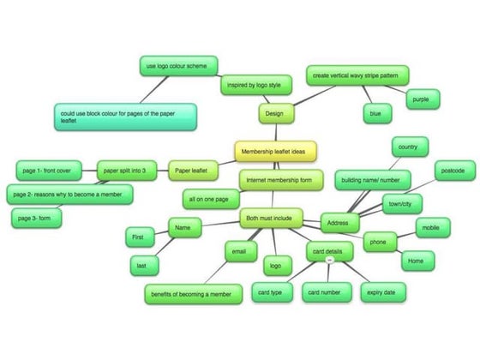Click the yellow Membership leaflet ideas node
275,151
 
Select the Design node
276,113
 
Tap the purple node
423,99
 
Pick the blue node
377,113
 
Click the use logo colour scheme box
179,66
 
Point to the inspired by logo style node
256,85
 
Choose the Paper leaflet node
193,171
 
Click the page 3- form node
36,219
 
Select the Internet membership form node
281,180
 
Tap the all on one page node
211,199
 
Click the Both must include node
271,219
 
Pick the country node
411,147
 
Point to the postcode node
455,171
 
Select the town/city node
402,204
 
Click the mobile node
433,228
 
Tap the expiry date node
383,292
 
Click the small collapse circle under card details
329,261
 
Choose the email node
241,252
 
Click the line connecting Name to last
165,247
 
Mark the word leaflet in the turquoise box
69,121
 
